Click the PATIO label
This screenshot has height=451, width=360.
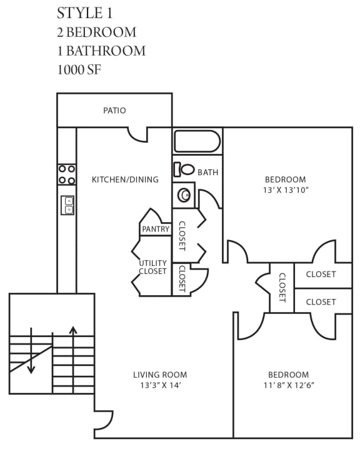point(114,111)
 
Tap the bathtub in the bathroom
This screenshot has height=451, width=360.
point(197,141)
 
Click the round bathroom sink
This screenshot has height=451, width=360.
point(184,195)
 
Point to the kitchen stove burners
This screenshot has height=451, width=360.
point(67,175)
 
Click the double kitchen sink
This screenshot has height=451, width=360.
point(67,205)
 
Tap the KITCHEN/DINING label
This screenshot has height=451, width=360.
point(125,180)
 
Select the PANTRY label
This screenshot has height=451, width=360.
point(156,229)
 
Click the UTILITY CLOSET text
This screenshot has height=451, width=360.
point(152,267)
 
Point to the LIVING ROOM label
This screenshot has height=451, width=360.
point(160,375)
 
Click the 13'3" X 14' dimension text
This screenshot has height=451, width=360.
point(160,385)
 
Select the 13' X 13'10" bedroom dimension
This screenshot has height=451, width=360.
point(285,190)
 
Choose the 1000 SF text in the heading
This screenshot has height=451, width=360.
point(79,69)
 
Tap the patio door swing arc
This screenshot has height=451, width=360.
point(137,134)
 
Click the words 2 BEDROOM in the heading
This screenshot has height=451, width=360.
point(96,32)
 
